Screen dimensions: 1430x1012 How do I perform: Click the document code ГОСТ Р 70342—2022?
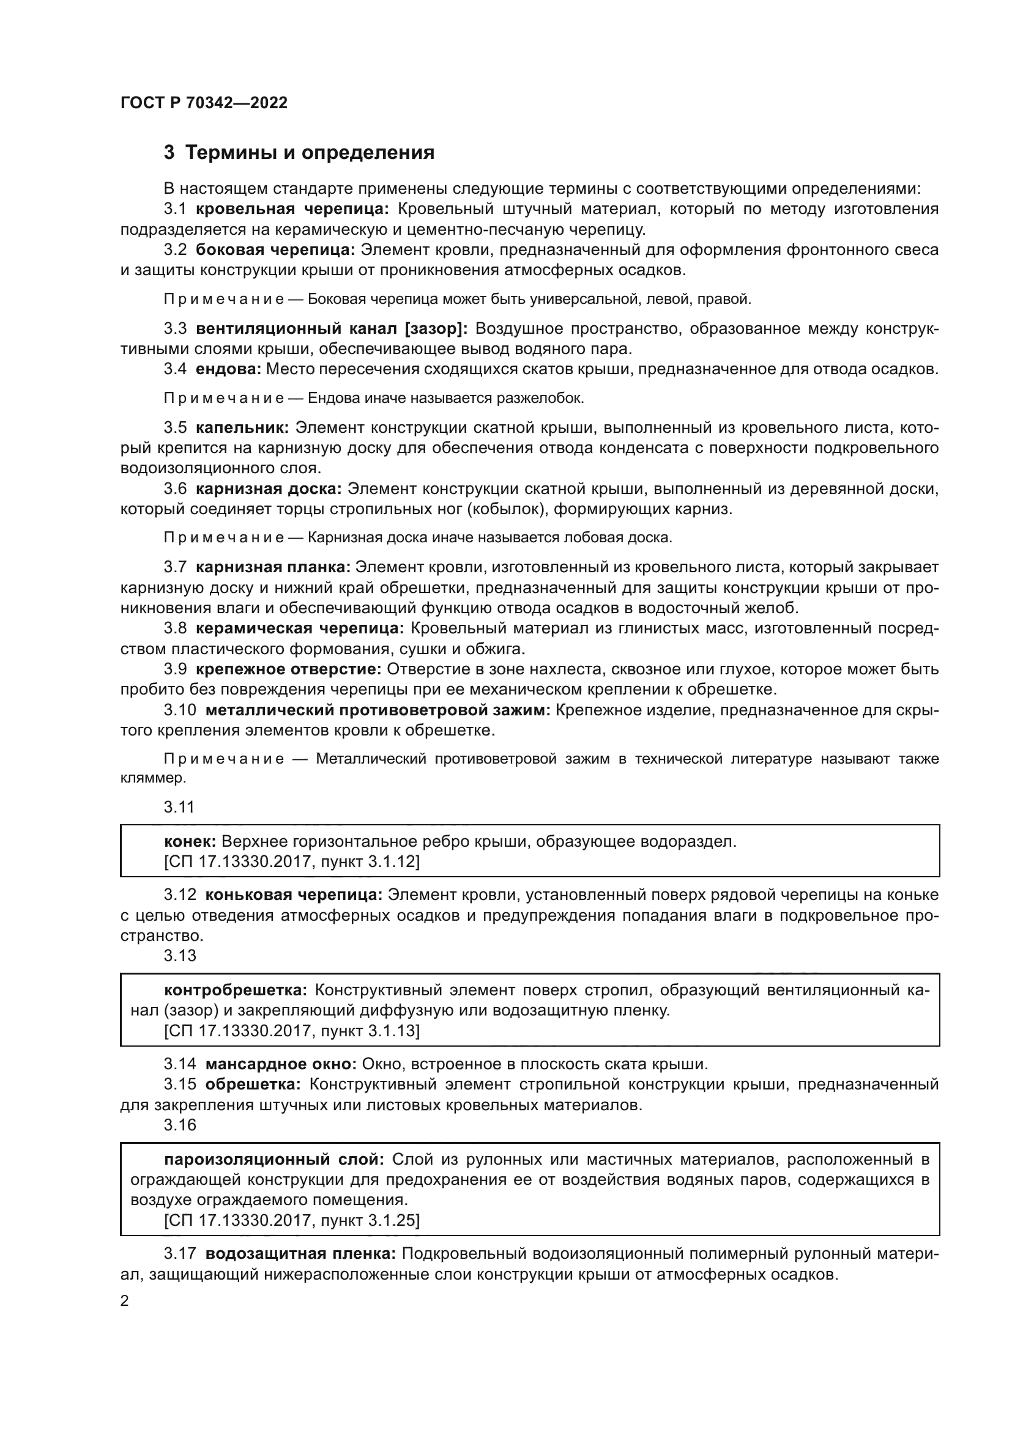click(x=204, y=103)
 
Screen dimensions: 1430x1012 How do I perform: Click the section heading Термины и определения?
click(x=310, y=152)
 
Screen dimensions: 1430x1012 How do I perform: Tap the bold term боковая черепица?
click(x=275, y=250)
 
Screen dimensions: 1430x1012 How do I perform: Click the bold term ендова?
click(x=228, y=369)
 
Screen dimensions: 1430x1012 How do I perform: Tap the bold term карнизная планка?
click(x=273, y=567)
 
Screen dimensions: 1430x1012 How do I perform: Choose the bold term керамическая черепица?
click(x=300, y=628)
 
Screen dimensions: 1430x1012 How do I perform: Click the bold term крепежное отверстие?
click(x=289, y=669)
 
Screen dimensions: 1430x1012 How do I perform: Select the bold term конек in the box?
click(x=190, y=842)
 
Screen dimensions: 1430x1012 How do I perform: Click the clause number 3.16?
click(x=179, y=1125)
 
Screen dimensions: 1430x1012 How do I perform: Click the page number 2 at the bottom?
click(x=125, y=1301)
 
